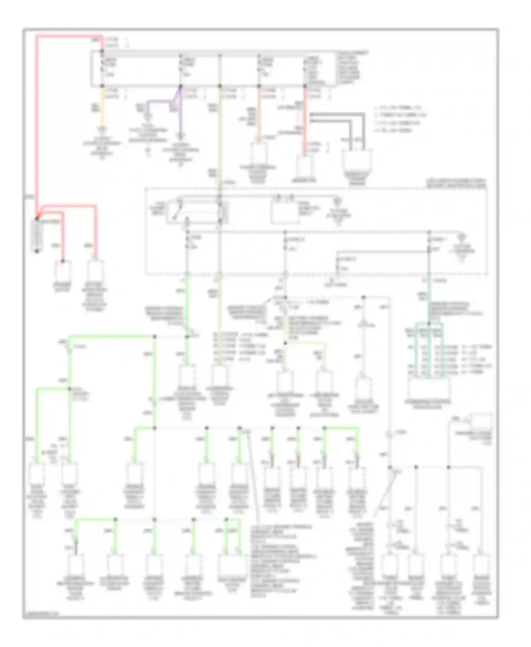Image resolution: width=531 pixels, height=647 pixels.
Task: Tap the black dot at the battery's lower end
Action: pyautogui.click(x=37, y=251)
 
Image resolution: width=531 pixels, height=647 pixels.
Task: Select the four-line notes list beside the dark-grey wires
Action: pyautogui.click(x=400, y=119)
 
